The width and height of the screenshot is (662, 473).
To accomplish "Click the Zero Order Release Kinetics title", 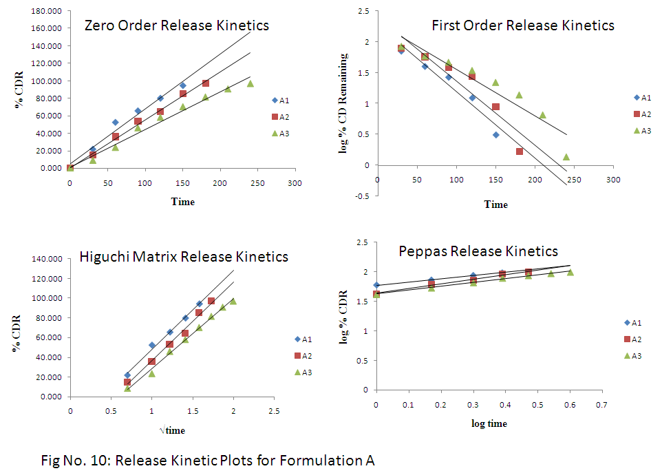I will click(176, 25).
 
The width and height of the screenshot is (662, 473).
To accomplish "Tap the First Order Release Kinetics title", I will click(523, 25).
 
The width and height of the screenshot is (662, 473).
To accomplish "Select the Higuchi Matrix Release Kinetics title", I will click(184, 257).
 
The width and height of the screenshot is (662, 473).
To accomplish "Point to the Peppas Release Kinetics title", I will click(478, 251).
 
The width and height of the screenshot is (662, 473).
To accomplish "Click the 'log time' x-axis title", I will click(489, 424).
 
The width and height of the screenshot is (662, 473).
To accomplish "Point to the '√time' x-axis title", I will click(171, 430).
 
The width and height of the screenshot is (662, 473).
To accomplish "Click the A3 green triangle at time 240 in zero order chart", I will click(250, 84).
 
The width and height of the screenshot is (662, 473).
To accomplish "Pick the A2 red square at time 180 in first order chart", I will click(520, 151).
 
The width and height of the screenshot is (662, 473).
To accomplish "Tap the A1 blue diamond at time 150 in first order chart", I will click(496, 135).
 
